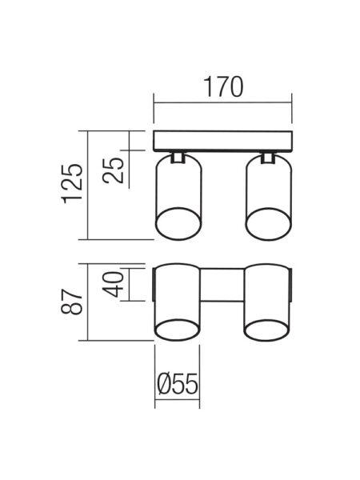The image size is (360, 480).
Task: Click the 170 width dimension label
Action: click(x=223, y=86)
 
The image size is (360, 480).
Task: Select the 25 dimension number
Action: click(x=114, y=170)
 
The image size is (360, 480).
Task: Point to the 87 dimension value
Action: click(x=72, y=302)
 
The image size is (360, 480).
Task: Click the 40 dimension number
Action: click(x=114, y=284)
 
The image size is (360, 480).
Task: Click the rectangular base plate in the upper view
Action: click(x=222, y=141)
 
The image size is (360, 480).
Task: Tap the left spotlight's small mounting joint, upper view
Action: click(x=178, y=157)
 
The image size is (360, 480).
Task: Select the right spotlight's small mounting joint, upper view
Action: click(x=268, y=157)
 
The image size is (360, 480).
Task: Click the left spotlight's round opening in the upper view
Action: click(x=178, y=224)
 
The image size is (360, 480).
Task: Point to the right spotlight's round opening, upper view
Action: click(x=269, y=224)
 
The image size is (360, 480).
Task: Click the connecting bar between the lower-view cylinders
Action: click(x=222, y=284)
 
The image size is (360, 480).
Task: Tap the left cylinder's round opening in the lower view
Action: click(x=178, y=330)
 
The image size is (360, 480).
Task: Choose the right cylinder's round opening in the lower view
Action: click(x=267, y=330)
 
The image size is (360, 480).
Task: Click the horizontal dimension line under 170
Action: click(x=222, y=103)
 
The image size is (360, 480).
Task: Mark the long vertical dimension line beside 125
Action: click(x=88, y=186)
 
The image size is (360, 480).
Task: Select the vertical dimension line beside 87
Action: click(x=88, y=302)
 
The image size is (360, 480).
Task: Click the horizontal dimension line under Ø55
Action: click(x=178, y=399)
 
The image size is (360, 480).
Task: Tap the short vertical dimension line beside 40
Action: click(x=129, y=284)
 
